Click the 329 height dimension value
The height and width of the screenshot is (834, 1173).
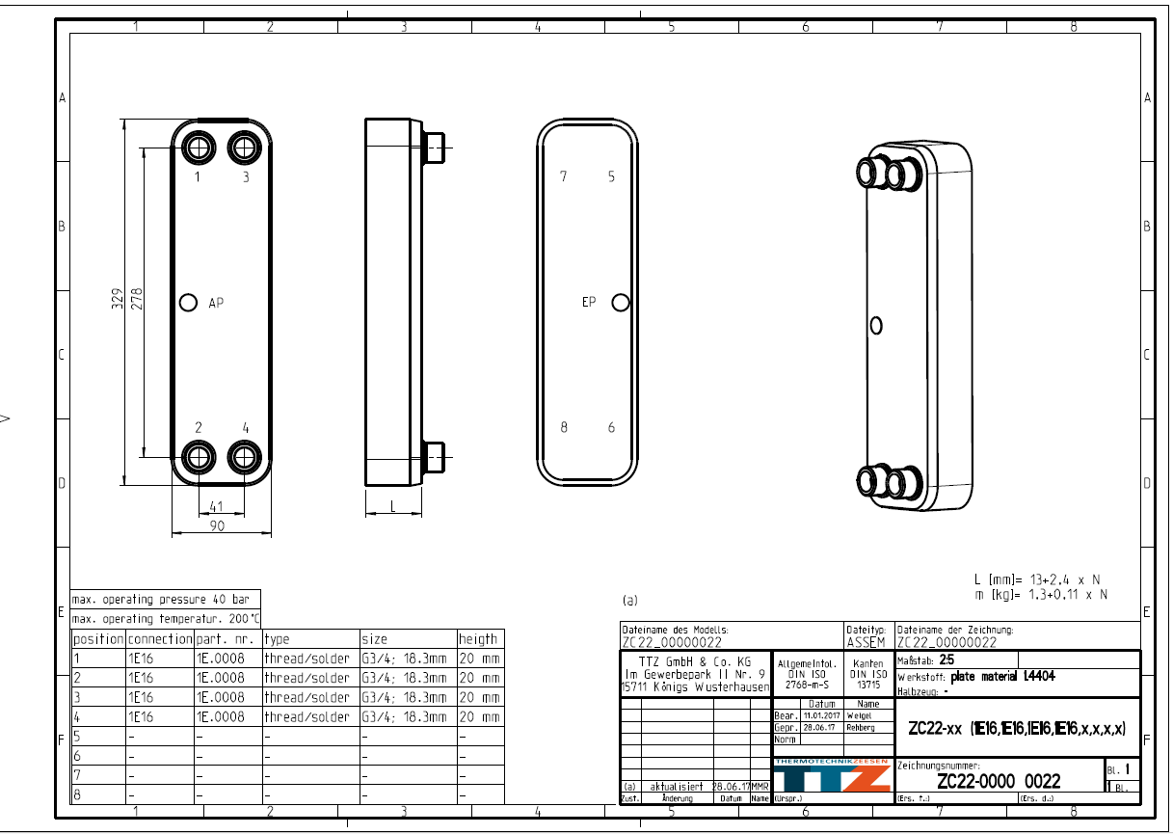(116, 298)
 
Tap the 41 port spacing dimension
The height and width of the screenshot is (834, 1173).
(216, 506)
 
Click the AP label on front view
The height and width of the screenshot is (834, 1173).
(217, 303)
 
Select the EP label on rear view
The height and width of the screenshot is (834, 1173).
(589, 302)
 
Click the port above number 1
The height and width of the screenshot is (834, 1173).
(199, 148)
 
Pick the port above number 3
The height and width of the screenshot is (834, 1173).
(244, 148)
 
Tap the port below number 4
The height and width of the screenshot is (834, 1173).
(244, 456)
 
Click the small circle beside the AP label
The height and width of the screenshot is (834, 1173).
(189, 303)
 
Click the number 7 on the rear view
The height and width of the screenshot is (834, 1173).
(564, 176)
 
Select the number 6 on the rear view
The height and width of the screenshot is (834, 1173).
(611, 427)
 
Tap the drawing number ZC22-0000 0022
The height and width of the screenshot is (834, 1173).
(999, 781)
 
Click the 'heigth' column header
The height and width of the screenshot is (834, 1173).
(479, 638)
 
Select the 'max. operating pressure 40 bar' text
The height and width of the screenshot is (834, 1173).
(161, 600)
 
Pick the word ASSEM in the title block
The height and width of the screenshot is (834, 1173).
(865, 642)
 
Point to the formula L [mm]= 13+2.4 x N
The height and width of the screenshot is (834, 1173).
(1036, 579)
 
